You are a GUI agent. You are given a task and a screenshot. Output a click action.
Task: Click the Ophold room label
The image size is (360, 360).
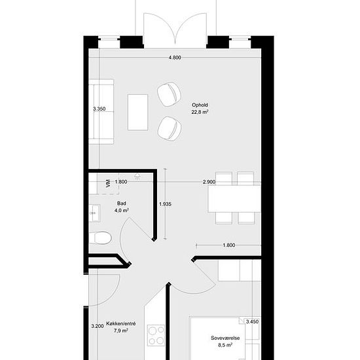click(200, 105)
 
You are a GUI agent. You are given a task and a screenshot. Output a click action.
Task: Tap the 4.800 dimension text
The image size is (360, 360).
click(175, 58)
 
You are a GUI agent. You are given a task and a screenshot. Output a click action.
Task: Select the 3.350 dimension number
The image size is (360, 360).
click(99, 109)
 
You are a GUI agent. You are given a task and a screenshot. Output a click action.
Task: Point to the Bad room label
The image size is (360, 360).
click(122, 203)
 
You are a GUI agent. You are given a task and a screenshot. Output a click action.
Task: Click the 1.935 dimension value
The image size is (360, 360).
click(166, 204)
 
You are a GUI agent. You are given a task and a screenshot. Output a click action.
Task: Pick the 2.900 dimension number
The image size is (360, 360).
click(209, 182)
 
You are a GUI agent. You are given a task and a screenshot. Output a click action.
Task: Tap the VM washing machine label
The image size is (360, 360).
click(108, 183)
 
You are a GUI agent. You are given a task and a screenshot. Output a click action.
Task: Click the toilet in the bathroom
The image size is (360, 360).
click(100, 238)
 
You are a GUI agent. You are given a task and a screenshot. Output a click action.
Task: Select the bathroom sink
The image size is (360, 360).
click(94, 213)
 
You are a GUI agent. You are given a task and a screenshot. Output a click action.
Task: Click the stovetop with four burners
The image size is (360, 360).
click(156, 335)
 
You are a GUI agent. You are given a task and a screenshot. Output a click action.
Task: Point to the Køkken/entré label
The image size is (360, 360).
click(121, 324)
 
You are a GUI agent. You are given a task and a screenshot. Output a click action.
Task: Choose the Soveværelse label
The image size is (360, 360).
click(225, 338)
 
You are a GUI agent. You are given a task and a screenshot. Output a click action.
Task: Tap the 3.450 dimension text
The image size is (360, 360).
click(252, 321)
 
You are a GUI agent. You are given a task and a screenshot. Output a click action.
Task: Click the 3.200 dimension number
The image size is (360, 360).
click(98, 326)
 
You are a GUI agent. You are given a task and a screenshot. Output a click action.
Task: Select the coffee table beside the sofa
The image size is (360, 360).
click(137, 113)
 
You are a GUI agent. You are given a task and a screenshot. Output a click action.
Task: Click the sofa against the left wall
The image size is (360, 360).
click(101, 112)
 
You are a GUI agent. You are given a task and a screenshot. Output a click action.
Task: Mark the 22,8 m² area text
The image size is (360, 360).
click(200, 112)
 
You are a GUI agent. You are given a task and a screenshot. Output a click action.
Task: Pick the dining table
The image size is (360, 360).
click(234, 199)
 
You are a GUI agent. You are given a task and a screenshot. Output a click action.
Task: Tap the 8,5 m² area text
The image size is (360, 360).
click(225, 345)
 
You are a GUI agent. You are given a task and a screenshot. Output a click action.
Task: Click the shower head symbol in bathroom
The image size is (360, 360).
click(137, 176)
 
